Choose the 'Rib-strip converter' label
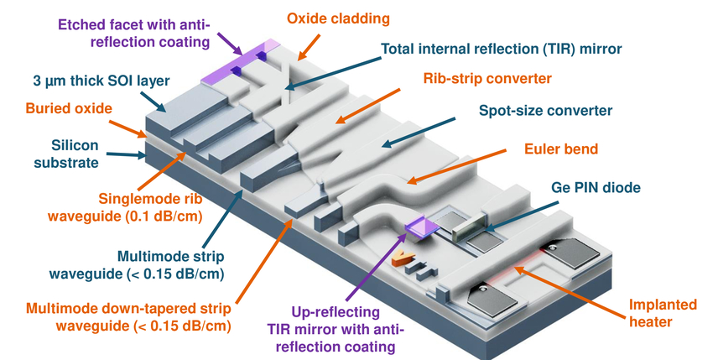tap(486, 79)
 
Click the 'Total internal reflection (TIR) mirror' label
tap(502, 49)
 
